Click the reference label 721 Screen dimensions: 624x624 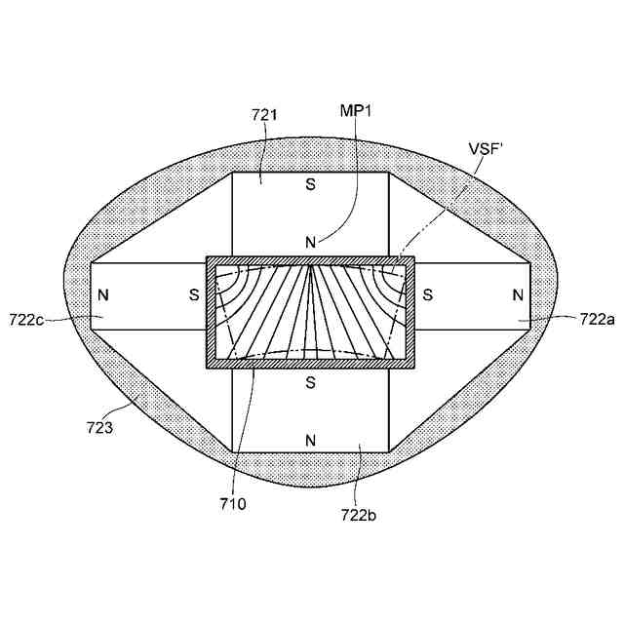point(265,115)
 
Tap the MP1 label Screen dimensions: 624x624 point(356,111)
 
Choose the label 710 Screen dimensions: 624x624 point(234,503)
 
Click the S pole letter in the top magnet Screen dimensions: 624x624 point(310,182)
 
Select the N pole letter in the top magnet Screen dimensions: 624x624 point(310,242)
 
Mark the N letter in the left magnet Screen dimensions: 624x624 point(103,294)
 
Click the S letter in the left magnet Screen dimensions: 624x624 point(193,294)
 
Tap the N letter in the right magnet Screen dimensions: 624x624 point(518,294)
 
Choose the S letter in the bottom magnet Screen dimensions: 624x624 point(310,382)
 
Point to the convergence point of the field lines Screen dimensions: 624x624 point(310,265)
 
